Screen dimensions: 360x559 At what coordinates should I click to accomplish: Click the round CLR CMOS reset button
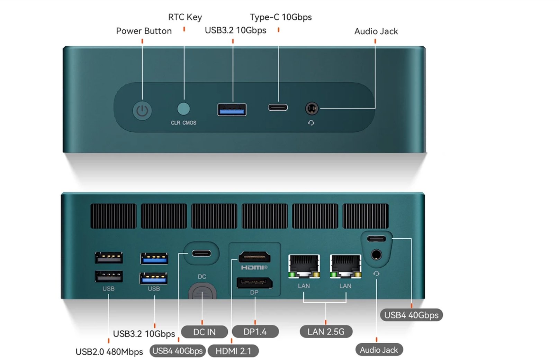pos(183,109)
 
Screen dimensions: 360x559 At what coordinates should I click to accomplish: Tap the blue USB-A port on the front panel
pos(232,110)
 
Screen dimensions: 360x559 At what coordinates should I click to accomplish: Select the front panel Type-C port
pos(278,108)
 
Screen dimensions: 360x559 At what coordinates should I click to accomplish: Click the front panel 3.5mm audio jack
pos(312,109)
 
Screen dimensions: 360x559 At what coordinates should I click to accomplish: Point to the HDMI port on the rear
pos(255,257)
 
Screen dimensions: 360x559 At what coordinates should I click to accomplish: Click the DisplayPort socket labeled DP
pos(254,283)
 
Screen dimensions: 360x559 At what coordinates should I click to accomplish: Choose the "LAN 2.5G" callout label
pos(326,332)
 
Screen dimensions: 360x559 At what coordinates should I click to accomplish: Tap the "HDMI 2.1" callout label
pos(233,351)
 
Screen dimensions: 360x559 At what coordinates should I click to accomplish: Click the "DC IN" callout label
pos(204,332)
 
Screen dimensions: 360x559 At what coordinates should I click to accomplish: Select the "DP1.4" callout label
pos(255,332)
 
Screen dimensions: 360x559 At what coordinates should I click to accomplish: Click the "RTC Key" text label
pos(185,17)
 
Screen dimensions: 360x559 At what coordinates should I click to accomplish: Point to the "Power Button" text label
pos(144,31)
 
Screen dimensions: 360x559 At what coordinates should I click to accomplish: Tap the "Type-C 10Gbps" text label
pos(281,17)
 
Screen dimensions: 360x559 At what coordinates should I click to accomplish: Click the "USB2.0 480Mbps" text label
pos(109,352)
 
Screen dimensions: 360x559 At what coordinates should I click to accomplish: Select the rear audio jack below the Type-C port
pos(376,255)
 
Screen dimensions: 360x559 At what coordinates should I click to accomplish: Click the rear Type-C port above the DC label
pos(201,253)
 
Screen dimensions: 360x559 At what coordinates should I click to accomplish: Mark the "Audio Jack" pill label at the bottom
pos(379,350)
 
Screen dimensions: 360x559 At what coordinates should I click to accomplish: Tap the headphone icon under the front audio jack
pos(311,123)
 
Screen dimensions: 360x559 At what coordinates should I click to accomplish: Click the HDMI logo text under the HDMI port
pos(254,267)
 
